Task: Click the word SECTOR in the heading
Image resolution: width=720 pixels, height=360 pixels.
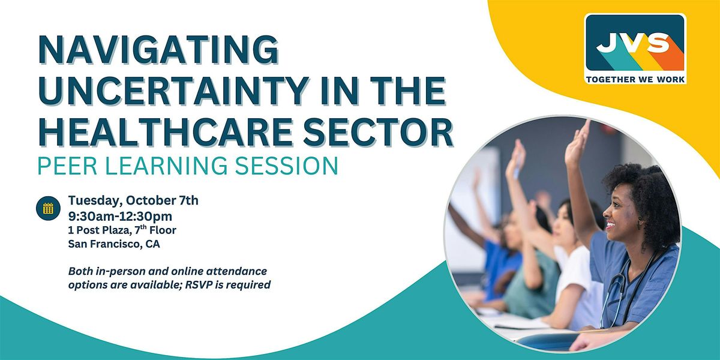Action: [x=378, y=132]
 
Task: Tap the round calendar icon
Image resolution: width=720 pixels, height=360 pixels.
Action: [x=48, y=208]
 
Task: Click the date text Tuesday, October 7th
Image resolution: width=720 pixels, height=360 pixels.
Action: [x=133, y=200]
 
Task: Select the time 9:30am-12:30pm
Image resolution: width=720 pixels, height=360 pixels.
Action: [x=120, y=217]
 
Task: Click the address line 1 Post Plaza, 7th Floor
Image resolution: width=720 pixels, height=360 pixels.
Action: [x=122, y=230]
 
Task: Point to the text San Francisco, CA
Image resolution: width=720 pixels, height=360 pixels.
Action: [x=114, y=244]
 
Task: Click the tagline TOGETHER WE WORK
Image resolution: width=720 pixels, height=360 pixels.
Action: [x=635, y=79]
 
